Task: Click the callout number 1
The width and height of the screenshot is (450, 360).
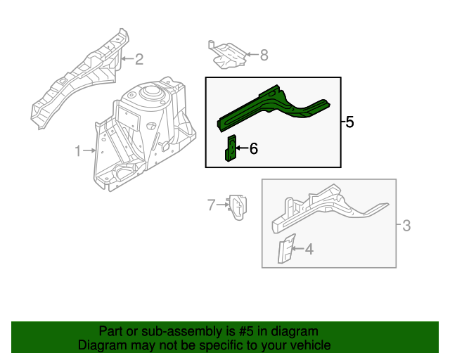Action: coord(79,150)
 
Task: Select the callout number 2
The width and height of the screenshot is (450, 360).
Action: coord(139,58)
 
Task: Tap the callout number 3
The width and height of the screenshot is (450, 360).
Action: coord(406,226)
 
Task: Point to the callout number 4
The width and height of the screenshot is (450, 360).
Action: coord(309,248)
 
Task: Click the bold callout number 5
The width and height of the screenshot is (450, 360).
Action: coord(349,122)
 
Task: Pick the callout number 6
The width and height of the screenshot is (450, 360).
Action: coord(254,148)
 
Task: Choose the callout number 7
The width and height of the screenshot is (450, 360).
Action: coord(210,205)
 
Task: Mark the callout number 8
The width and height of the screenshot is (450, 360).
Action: coord(264,54)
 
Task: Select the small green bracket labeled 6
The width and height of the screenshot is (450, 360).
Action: coord(229,148)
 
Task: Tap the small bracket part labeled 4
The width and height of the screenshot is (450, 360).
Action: coord(285,252)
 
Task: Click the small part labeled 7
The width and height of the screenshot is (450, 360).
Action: coord(236,206)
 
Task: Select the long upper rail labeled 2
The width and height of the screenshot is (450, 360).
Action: coord(77,81)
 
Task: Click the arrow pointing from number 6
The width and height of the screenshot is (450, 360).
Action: coord(242,148)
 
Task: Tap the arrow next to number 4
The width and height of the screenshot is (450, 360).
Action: coord(297,248)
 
